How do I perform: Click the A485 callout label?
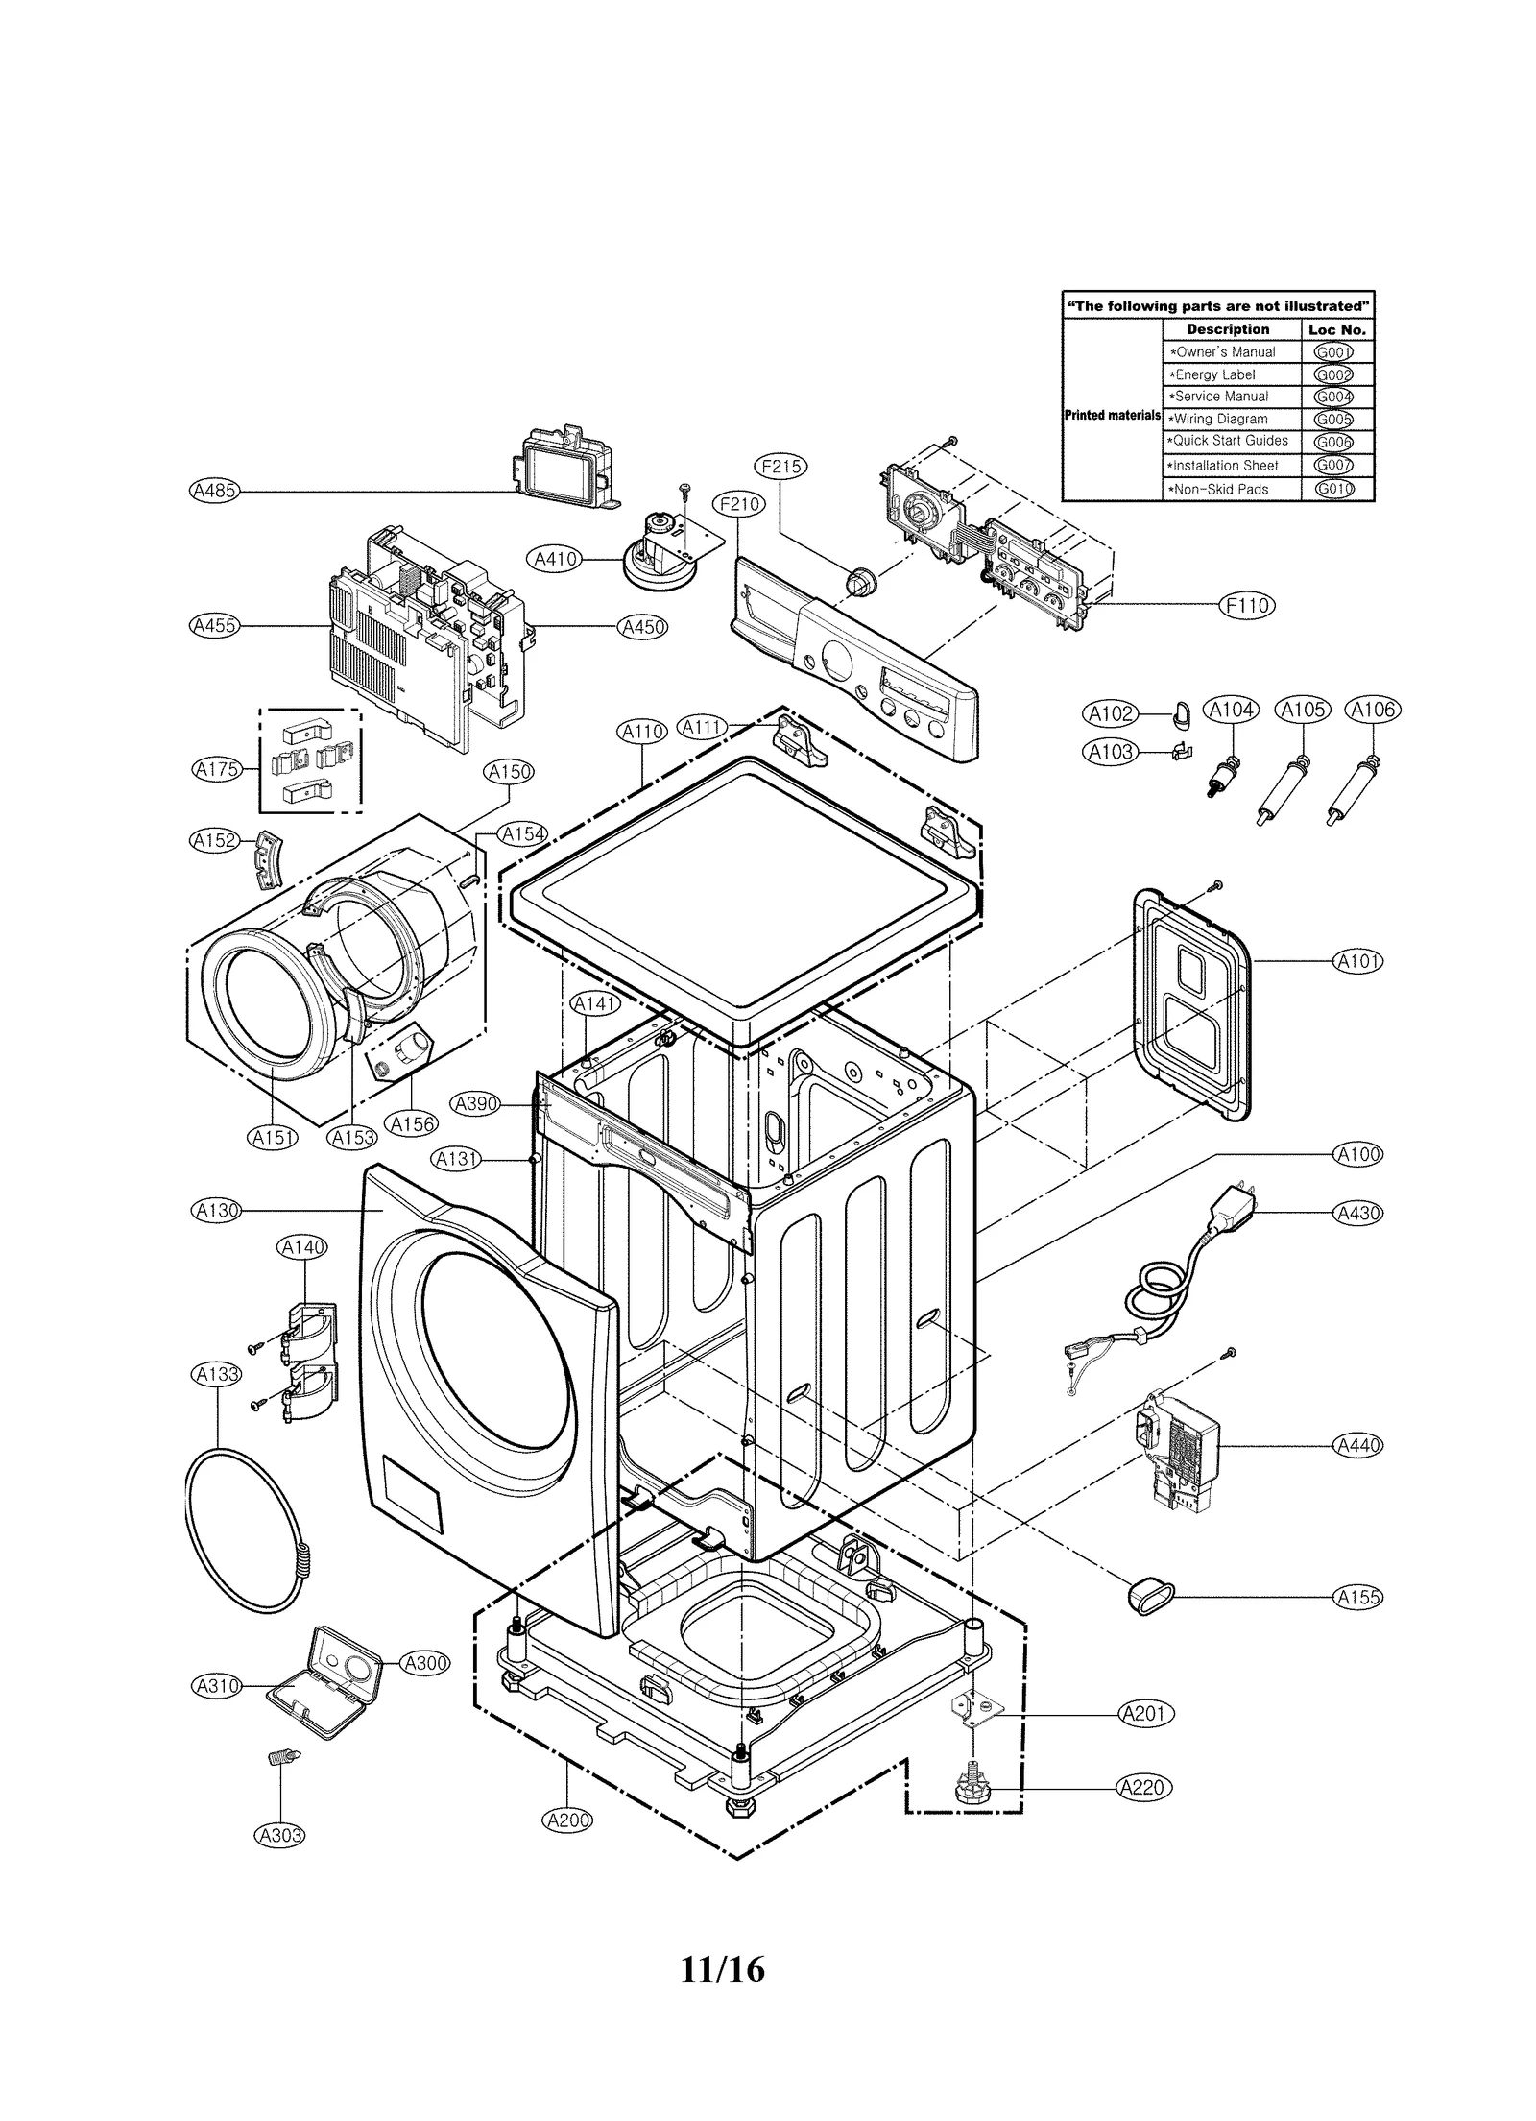click(x=214, y=491)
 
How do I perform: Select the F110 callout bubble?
click(x=1246, y=605)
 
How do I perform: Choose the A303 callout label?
click(x=279, y=1835)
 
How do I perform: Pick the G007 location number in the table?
click(x=1333, y=465)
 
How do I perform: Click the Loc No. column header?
click(x=1336, y=329)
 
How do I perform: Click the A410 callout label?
click(x=555, y=559)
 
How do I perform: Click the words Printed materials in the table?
click(x=1112, y=416)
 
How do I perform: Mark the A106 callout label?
click(x=1373, y=710)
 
